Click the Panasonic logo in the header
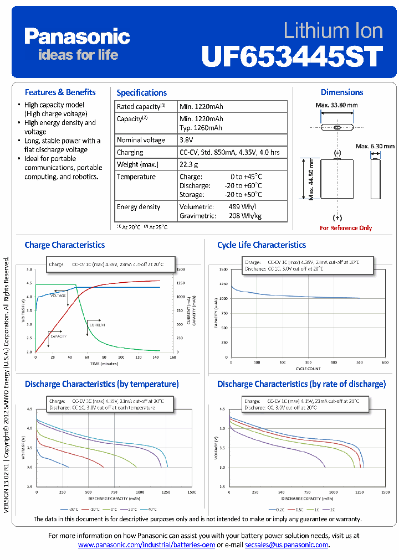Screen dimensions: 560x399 pos(77,37)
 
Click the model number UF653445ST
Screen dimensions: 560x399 pos(292,56)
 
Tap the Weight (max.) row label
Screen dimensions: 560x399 pos(137,164)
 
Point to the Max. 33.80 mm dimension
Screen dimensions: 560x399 pos(336,105)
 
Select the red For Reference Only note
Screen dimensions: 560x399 pos(346,228)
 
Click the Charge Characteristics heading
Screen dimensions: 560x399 pos(64,245)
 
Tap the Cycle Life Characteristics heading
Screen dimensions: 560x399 pos(262,245)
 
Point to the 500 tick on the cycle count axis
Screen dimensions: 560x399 pos(359,362)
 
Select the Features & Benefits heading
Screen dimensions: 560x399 pos(60,92)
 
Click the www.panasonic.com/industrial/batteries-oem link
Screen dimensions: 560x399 pos(146,545)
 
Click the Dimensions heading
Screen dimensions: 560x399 pos(342,92)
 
